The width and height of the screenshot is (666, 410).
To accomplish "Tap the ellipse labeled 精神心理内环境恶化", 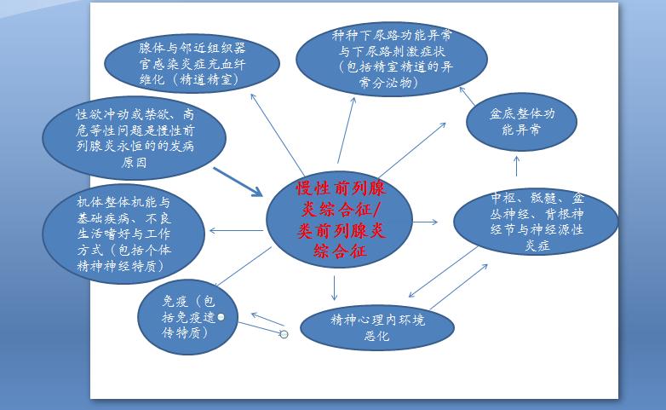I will pyautogui.click(x=376, y=327).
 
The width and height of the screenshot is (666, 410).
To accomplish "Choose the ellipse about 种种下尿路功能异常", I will pyautogui.click(x=391, y=59).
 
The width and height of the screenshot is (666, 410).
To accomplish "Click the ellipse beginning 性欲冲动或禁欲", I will pyautogui.click(x=134, y=137).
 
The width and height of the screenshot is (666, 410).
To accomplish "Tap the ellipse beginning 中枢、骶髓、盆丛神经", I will pyautogui.click(x=536, y=222).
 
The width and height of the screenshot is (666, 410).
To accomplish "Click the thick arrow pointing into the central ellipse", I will pyautogui.click(x=238, y=182).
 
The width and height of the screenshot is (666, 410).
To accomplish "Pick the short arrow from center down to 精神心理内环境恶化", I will pyautogui.click(x=335, y=287).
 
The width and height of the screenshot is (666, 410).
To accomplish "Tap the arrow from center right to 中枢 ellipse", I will pyautogui.click(x=425, y=222).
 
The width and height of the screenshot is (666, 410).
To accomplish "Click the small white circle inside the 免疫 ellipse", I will pyautogui.click(x=221, y=317).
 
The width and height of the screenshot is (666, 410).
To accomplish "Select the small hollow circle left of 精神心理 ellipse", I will pyautogui.click(x=284, y=334).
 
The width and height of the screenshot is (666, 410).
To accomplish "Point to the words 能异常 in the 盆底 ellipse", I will pyautogui.click(x=521, y=131).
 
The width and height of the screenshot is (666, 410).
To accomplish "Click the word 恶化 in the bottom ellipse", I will pyautogui.click(x=376, y=337).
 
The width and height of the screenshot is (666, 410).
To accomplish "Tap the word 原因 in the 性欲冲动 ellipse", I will pyautogui.click(x=134, y=162).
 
